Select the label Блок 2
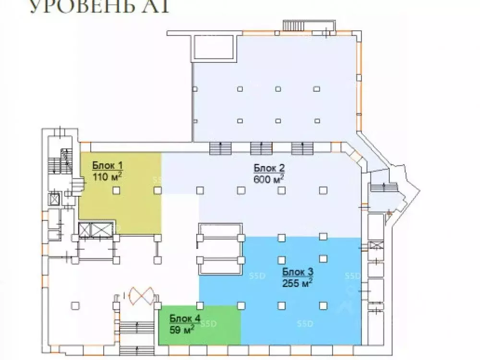coord(270,168)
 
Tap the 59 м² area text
coord(181,329)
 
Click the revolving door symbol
coord(140,294)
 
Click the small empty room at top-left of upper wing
coord(214,48)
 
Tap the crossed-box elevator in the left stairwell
coord(55,198)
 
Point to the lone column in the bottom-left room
coord(74,304)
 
